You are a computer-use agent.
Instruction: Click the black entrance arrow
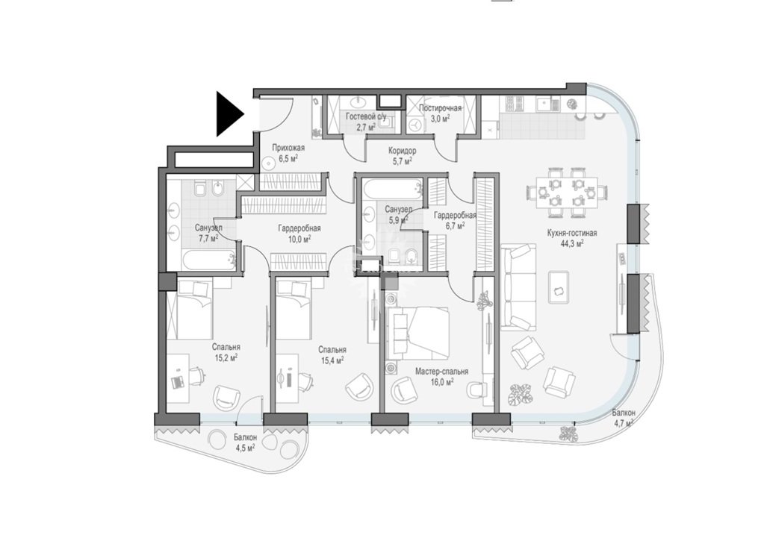tap(230, 114)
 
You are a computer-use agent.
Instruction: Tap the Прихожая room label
tap(288, 148)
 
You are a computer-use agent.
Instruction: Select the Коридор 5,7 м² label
tap(402, 155)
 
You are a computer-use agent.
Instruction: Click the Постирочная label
tap(440, 108)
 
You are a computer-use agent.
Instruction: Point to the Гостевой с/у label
tap(366, 117)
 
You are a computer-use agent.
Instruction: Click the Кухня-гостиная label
tap(572, 233)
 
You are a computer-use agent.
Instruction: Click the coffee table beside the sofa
tap(559, 287)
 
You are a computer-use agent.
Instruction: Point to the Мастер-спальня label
tap(441, 372)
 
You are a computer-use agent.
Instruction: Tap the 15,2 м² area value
tap(226, 358)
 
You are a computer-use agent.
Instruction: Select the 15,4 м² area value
tap(332, 360)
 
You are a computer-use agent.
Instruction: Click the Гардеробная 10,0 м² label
tap(299, 234)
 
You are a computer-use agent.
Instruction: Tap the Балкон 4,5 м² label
tap(243, 442)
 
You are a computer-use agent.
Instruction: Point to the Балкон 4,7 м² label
tap(623, 418)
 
